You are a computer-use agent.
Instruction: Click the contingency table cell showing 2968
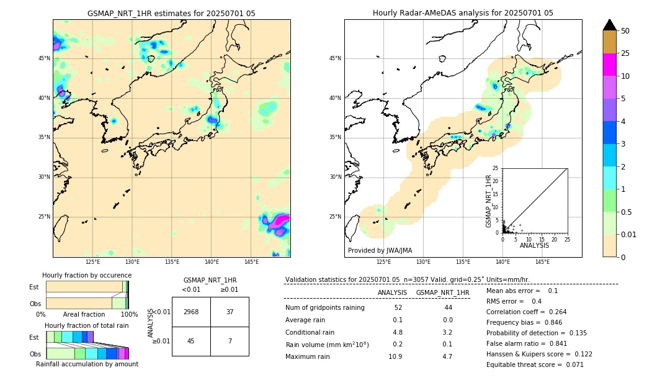[191, 312]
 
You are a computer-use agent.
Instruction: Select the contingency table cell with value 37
[230, 312]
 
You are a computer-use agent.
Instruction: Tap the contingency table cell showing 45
[191, 340]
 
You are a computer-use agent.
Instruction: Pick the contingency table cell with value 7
[230, 340]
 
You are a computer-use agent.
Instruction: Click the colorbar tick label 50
[625, 31]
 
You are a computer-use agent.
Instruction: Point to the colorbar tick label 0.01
[629, 234]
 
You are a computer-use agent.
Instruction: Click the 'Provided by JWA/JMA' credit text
[380, 251]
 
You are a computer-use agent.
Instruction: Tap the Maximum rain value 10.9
[395, 356]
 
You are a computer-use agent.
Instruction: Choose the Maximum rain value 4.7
[447, 356]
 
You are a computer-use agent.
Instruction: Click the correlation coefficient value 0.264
[555, 312]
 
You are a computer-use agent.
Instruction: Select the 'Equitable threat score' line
[535, 364]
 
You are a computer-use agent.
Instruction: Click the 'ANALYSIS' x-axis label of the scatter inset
[534, 246]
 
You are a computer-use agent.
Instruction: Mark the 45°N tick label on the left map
[44, 58]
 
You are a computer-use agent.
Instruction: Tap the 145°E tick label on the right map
[542, 262]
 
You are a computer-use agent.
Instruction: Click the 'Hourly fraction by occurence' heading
[87, 275]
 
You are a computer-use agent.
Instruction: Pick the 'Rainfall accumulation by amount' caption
[87, 364]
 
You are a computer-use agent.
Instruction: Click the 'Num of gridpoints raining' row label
[325, 308]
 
